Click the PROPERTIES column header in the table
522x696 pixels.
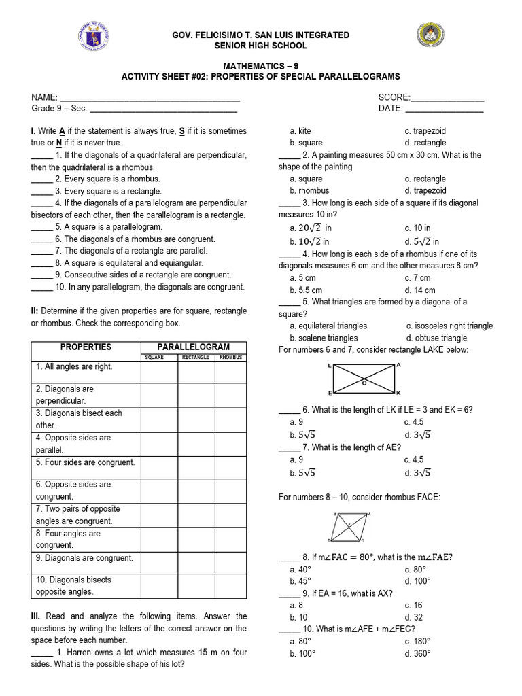point(86,347)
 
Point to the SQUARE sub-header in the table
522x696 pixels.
point(159,357)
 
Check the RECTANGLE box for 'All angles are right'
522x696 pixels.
point(196,372)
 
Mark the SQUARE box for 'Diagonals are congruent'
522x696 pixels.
point(159,561)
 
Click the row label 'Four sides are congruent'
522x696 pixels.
point(86,462)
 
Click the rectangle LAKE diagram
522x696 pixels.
point(365,380)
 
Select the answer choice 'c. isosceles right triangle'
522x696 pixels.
point(449,326)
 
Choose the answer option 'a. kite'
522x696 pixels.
point(300,130)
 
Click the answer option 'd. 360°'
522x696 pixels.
point(417,653)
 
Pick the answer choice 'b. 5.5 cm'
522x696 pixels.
point(306,290)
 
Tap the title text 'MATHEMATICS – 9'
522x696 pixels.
point(261,65)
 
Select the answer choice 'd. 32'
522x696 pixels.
point(413,617)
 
